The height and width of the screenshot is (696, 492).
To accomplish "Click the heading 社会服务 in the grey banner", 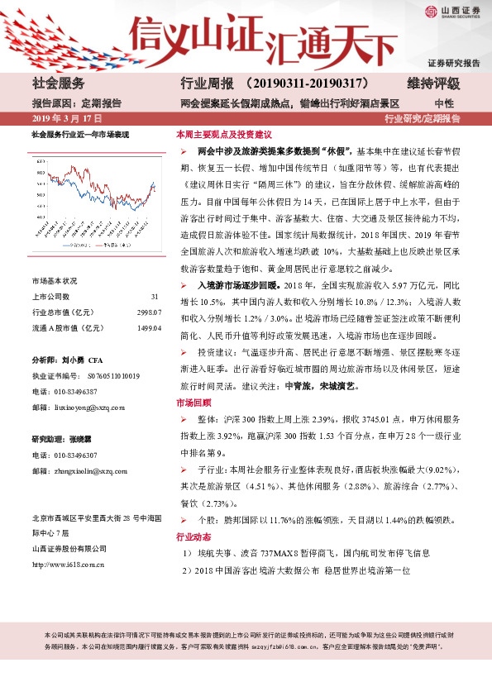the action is pyautogui.click(x=58, y=83).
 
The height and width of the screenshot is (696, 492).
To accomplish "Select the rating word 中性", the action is pyautogui.click(x=443, y=103).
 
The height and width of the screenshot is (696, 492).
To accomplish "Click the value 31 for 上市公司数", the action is pyautogui.click(x=155, y=297).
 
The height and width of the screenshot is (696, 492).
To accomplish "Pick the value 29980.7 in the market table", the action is pyautogui.click(x=149, y=312).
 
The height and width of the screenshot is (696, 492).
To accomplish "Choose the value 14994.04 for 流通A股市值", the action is pyautogui.click(x=149, y=328).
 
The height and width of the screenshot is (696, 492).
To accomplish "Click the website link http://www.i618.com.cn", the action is pyautogui.click(x=67, y=565).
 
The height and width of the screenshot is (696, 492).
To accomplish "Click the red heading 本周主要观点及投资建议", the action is pyautogui.click(x=224, y=134).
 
